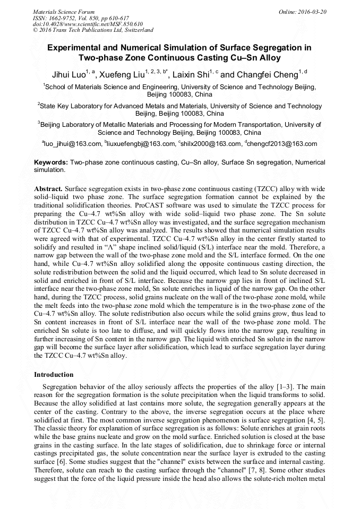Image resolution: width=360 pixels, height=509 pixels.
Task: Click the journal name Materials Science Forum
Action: [x=64, y=12]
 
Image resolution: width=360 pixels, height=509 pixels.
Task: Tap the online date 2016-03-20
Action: [x=312, y=12]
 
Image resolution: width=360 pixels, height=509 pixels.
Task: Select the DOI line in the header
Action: [x=88, y=24]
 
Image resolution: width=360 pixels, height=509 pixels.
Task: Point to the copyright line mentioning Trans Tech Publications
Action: [x=93, y=30]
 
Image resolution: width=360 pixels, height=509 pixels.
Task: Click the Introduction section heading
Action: [x=54, y=375]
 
